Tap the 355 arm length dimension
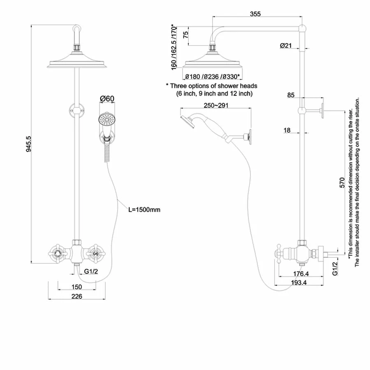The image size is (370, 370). click(255, 14)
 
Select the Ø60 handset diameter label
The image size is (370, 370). click(107, 99)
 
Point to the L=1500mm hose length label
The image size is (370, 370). click(144, 210)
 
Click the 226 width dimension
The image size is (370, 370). click(77, 296)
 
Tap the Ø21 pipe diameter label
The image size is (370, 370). click(286, 46)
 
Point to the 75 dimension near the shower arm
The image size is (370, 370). click(186, 35)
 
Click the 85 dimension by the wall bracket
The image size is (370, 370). click(291, 95)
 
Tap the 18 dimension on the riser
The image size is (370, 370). click(287, 130)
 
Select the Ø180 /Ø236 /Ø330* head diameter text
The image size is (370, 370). click(213, 77)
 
